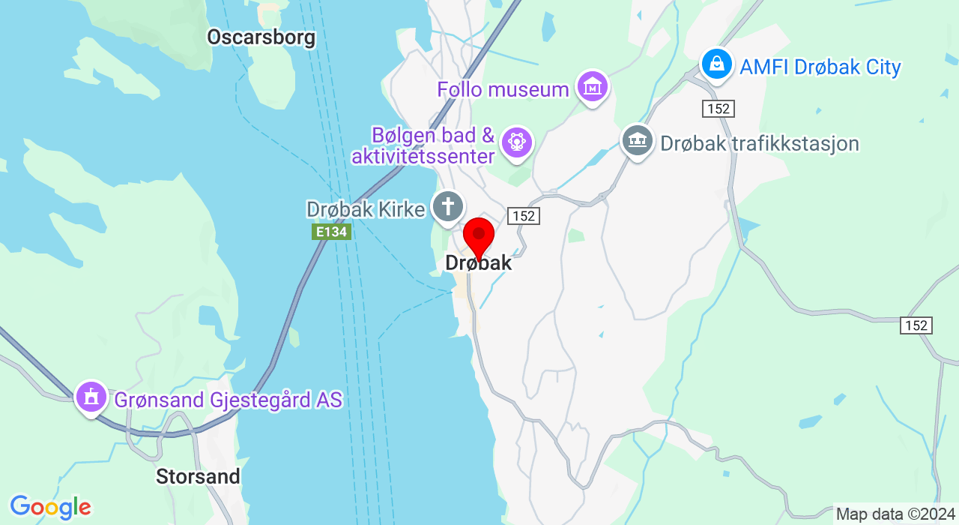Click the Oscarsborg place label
click(x=261, y=37)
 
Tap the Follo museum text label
click(x=503, y=89)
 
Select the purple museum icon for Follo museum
click(x=593, y=87)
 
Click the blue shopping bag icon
click(x=717, y=64)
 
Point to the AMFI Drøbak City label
click(x=820, y=67)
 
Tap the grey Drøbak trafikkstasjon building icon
click(x=638, y=141)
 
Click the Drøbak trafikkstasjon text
click(x=759, y=143)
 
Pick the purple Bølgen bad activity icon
click(x=516, y=141)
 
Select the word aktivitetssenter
click(x=423, y=156)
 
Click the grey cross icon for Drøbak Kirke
click(x=448, y=206)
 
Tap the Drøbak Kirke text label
click(x=366, y=209)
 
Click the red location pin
click(x=479, y=236)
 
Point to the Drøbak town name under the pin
click(x=479, y=262)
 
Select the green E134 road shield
click(x=331, y=232)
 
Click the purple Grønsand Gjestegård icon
click(x=91, y=397)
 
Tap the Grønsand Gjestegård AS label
click(x=228, y=400)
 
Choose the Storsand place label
click(x=198, y=476)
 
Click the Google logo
click(x=50, y=507)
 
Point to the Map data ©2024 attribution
click(x=895, y=514)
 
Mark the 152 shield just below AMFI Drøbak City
click(x=719, y=109)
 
